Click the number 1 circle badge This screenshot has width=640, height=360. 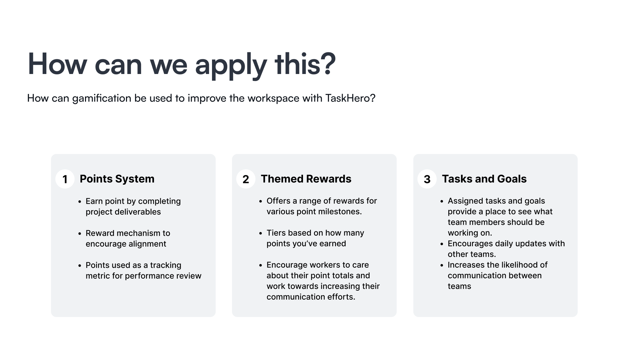65,179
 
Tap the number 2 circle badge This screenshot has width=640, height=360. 246,179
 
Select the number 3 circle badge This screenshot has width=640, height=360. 427,179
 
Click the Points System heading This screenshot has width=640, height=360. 117,179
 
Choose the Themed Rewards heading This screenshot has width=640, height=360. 306,179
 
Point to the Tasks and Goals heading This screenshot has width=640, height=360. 484,179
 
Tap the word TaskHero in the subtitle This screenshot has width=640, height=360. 350,98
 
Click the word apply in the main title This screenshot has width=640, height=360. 231,65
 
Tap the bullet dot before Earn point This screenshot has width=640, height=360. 80,202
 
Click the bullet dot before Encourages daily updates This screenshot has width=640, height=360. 442,244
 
